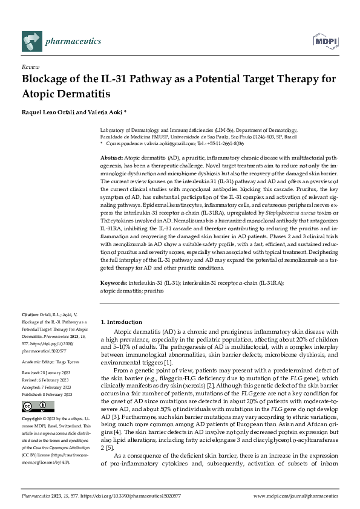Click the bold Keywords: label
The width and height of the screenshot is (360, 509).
click(114, 282)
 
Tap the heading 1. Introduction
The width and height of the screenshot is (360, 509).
click(121, 322)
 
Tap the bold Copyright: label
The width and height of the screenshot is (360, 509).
click(33, 419)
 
